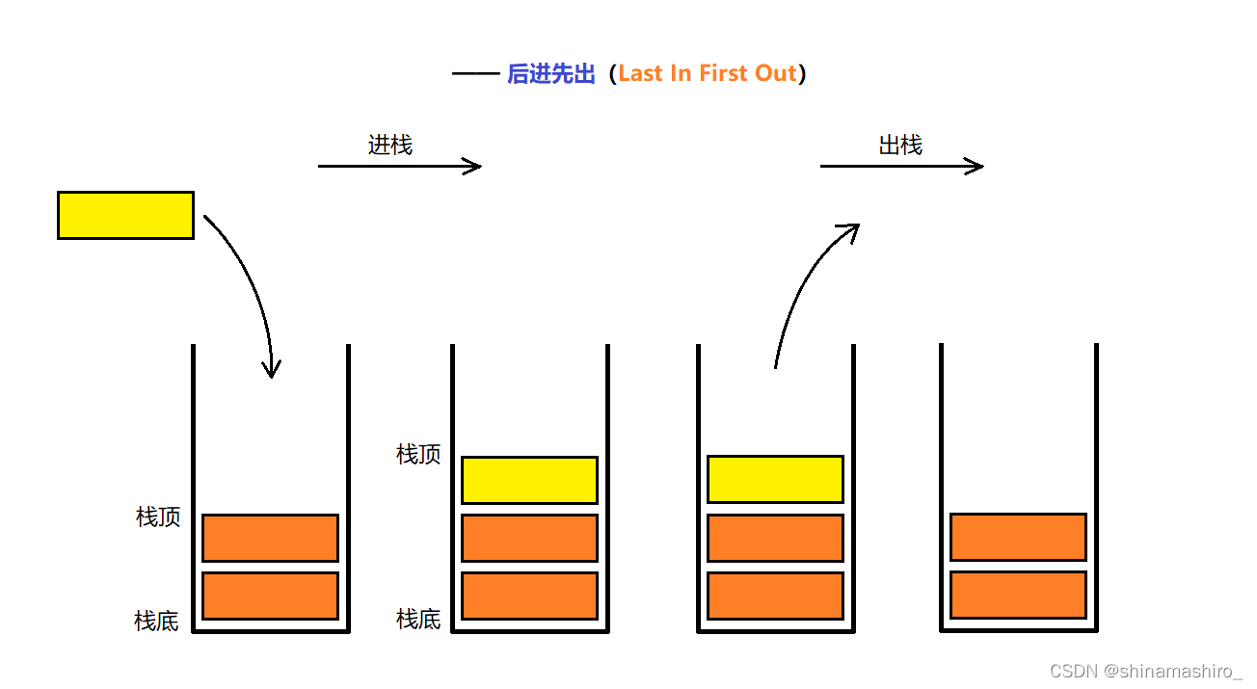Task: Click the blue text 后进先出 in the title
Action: point(551,74)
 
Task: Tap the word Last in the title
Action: point(640,74)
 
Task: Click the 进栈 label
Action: point(390,146)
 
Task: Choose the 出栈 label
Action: point(900,146)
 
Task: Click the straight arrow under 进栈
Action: point(399,167)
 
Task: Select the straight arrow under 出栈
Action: point(901,167)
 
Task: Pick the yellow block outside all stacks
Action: point(125,215)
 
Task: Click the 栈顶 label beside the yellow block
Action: point(418,455)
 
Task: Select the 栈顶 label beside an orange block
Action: point(158,517)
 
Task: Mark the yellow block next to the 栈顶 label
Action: point(529,480)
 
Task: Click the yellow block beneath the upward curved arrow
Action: point(775,479)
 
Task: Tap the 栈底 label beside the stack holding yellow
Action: point(418,620)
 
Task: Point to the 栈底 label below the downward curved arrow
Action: point(157,622)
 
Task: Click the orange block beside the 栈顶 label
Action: point(270,538)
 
